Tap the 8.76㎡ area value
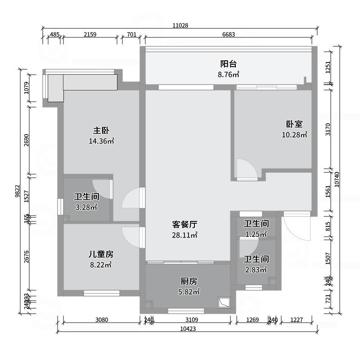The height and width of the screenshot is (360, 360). tap(229, 75)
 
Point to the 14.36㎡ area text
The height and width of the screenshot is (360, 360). tap(101, 141)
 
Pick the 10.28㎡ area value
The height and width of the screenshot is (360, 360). tap(294, 135)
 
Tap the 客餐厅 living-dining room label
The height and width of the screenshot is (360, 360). tap(185, 224)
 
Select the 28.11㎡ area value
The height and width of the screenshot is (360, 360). tap(185, 235)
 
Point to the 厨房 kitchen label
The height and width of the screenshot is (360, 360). tap(189, 281)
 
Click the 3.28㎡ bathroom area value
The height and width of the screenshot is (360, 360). tap(86, 207)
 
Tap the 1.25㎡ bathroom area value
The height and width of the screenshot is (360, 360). tap(256, 234)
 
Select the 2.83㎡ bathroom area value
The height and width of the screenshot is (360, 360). tap(256, 270)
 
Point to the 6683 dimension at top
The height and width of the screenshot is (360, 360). tap(229, 35)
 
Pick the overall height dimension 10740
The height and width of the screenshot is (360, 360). tap(344, 180)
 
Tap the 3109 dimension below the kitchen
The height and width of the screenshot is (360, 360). tap(189, 320)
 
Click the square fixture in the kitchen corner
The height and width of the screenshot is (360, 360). tap(224, 303)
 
